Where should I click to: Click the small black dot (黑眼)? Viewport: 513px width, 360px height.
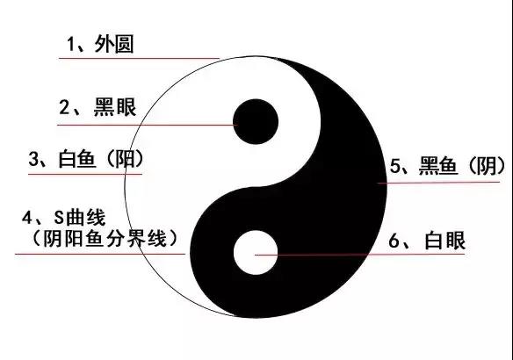256,122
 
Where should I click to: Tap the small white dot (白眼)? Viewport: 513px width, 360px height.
256,252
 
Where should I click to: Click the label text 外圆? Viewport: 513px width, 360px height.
114,44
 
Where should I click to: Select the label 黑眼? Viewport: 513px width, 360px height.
115,107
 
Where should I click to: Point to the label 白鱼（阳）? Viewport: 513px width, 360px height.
101,159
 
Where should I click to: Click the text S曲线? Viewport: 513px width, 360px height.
80,218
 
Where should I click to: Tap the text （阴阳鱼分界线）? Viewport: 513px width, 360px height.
105,239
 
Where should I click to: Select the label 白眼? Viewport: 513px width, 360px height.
445,241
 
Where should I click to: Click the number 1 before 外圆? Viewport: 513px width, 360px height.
70,44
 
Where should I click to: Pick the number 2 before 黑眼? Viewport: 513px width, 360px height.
64,107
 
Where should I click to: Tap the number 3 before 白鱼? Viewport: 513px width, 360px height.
33,159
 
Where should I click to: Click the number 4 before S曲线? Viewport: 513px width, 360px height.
27,218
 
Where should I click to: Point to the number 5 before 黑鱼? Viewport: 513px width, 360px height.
395,166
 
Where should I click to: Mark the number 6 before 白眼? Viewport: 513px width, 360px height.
394,241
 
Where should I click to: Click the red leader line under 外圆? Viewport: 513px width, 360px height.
139,59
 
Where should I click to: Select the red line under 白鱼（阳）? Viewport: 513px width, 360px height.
85,174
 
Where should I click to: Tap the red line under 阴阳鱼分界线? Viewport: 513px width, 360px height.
100,254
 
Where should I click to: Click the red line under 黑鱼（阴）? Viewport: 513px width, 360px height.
438,183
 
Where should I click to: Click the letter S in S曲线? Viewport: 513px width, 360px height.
59,218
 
